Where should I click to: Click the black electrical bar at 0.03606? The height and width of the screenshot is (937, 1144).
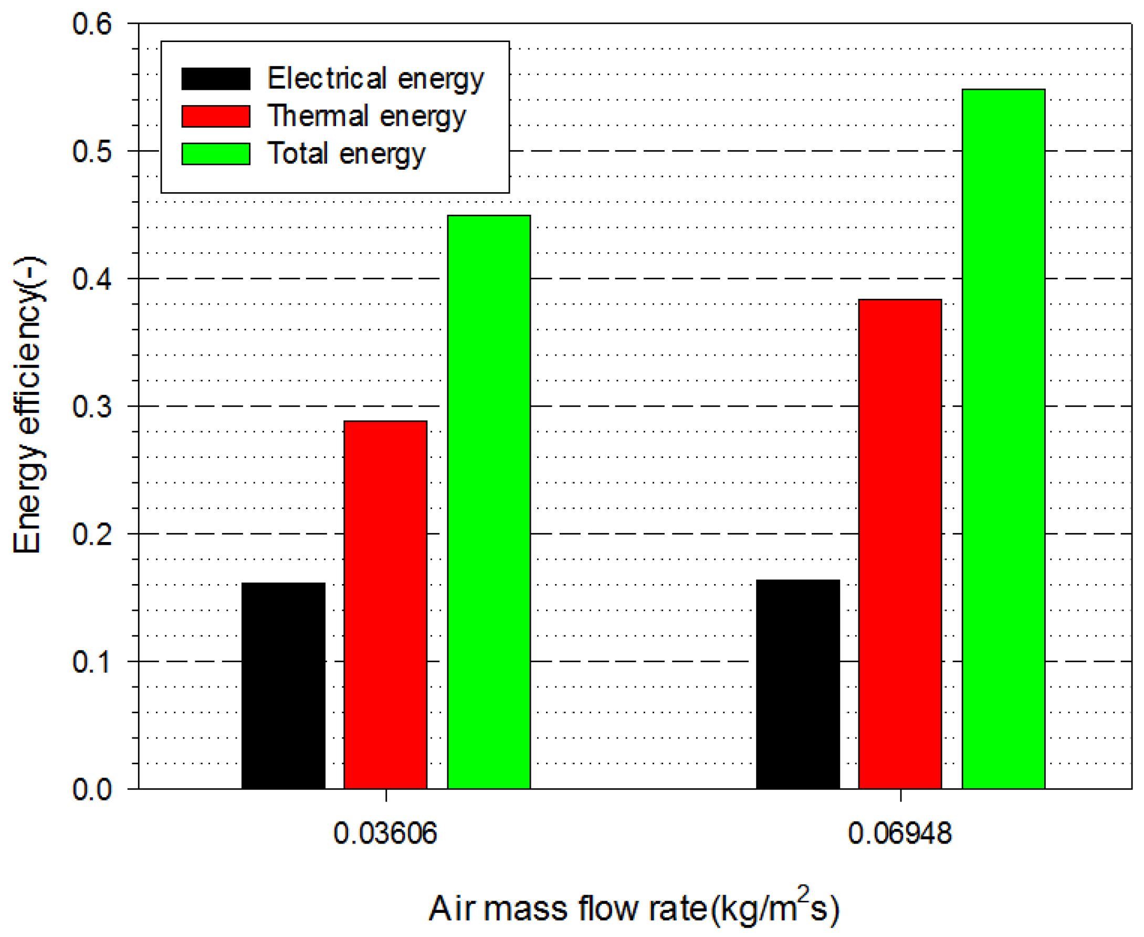[284, 685]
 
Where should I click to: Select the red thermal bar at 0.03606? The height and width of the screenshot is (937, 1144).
[385, 605]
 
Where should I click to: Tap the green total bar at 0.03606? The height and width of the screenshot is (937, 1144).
[489, 502]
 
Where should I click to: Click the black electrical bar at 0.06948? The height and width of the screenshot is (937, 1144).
[797, 684]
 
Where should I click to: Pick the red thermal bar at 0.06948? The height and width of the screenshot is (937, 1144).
[899, 544]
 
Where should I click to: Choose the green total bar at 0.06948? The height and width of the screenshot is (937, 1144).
[1003, 439]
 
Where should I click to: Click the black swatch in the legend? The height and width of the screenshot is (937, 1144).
[215, 79]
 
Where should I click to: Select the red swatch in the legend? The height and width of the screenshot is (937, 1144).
[215, 116]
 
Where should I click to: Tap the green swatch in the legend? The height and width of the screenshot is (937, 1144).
[215, 154]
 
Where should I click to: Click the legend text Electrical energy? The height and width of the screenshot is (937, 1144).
[375, 79]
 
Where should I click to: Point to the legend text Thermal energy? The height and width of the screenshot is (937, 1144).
[366, 116]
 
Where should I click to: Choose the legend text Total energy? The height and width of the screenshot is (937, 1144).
[346, 154]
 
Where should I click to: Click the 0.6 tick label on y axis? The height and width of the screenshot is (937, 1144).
[92, 24]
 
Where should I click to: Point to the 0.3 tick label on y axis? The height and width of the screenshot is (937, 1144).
[92, 407]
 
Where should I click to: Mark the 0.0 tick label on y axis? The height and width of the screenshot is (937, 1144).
[92, 789]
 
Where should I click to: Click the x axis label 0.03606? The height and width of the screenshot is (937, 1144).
[385, 833]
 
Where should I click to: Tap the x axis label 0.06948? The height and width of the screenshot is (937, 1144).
[899, 833]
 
